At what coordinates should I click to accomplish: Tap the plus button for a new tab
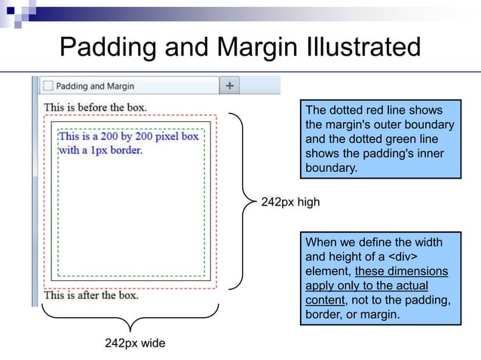point(229,85)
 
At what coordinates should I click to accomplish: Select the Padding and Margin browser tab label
point(95,86)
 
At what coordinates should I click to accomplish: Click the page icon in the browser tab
point(47,86)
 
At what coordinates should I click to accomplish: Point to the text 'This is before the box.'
point(95,107)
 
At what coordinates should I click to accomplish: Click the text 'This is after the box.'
point(91,295)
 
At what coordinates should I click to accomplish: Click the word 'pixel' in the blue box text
point(165,136)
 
